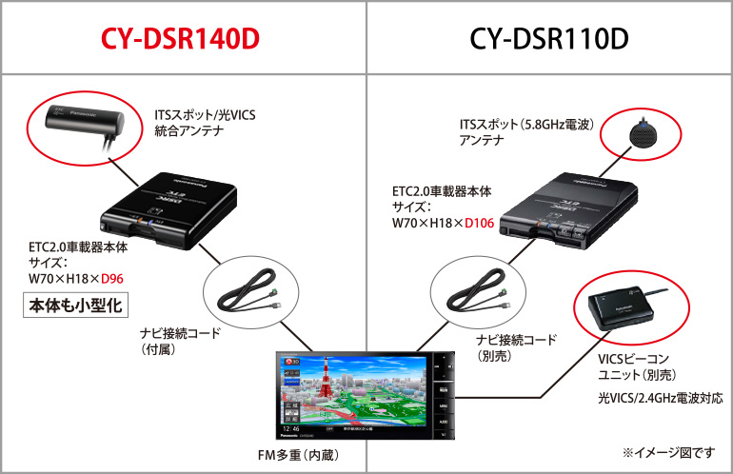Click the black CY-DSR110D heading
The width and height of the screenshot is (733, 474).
point(549,38)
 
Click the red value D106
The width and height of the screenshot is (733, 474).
point(485,223)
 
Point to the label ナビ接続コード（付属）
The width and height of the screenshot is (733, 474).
point(178,342)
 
